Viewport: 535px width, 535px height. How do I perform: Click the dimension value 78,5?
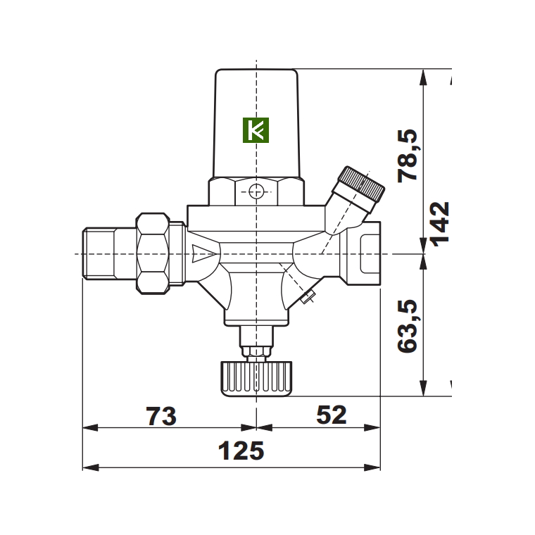408,156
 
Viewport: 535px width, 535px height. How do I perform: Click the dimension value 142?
440,225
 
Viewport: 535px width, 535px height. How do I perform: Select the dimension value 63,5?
408,326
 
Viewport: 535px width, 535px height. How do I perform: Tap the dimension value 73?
161,416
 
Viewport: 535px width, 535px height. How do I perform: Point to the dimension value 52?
332,415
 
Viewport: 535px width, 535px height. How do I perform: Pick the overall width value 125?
241,451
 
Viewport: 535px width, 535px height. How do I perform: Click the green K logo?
256,130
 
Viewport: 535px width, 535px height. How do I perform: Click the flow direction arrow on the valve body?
203,254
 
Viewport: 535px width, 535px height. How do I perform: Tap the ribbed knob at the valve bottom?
256,379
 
